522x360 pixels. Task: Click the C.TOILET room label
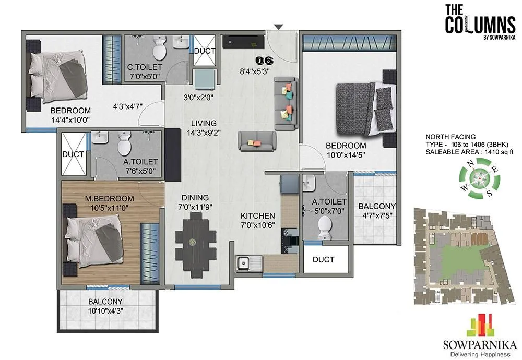point(145,67)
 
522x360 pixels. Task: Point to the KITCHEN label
point(257,215)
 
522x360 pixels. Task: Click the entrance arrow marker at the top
point(279,27)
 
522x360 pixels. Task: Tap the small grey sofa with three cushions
point(256,141)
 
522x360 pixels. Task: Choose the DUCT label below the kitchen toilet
point(323,259)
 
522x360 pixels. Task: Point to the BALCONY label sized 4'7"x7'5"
point(377,206)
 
